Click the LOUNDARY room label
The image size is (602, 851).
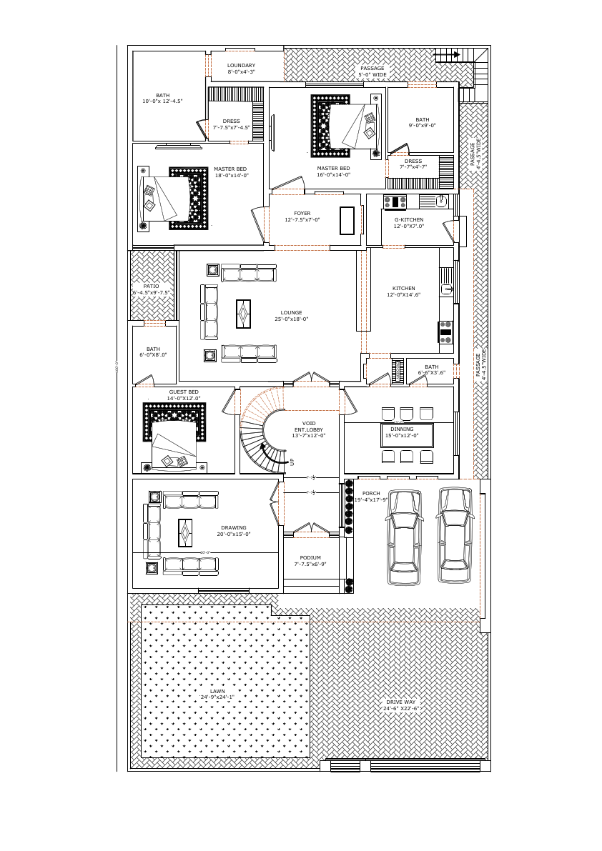tap(241, 69)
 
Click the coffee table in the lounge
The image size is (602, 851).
tap(244, 314)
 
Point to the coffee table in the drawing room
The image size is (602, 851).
tap(185, 532)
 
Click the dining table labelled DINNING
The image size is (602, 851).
tap(406, 435)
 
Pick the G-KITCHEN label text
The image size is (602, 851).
tap(408, 222)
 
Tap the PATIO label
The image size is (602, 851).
tap(151, 289)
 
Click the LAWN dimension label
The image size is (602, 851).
tap(217, 694)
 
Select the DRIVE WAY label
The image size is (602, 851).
tap(400, 705)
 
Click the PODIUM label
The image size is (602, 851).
tap(310, 560)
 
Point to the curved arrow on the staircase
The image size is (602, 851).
tap(266, 452)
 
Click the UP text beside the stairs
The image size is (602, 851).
tap(292, 462)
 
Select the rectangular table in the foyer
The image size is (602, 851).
tap(347, 220)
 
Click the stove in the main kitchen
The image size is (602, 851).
tap(445, 332)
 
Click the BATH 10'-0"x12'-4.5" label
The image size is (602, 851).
tap(162, 98)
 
